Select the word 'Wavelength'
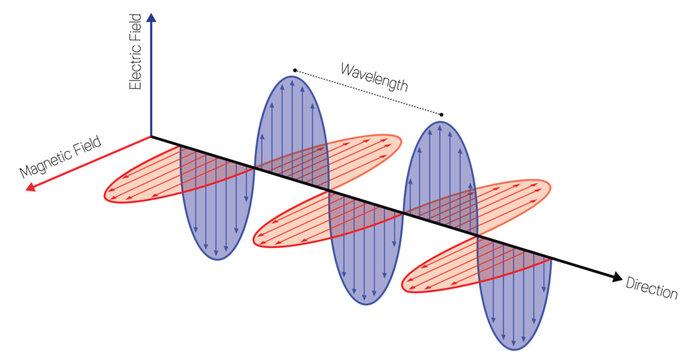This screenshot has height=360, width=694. pos(373,77)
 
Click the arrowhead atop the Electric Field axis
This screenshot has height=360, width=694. pos(151,17)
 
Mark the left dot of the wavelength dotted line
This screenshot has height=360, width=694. pos(294,70)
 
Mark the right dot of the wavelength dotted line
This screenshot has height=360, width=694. pos(442,113)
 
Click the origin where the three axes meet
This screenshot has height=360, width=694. pos(151,136)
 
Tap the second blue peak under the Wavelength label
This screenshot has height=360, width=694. pos(440,170)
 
